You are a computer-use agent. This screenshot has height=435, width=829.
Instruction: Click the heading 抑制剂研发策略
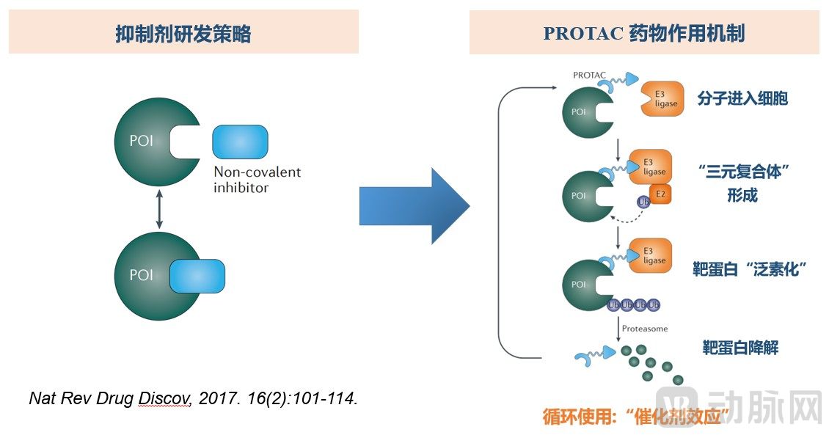(183, 34)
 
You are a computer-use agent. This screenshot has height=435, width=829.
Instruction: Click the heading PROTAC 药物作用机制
(644, 34)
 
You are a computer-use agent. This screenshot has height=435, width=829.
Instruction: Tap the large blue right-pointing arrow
(414, 206)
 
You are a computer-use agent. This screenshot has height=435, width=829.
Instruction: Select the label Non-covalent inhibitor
(257, 180)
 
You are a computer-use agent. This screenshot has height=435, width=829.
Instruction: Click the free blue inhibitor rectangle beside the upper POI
(240, 142)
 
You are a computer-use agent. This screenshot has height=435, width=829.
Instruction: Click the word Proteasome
(644, 329)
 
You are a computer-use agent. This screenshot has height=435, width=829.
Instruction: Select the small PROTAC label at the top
(588, 76)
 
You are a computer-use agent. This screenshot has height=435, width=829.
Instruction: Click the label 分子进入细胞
(744, 98)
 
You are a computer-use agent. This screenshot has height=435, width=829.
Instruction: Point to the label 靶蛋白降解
(739, 347)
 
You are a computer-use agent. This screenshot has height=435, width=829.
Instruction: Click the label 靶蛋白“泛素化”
(749, 268)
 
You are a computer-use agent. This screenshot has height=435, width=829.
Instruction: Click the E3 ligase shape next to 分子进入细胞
(662, 99)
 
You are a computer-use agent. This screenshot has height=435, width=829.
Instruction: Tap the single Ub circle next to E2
(643, 200)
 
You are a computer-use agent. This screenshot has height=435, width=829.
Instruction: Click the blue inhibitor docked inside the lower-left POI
(197, 277)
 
